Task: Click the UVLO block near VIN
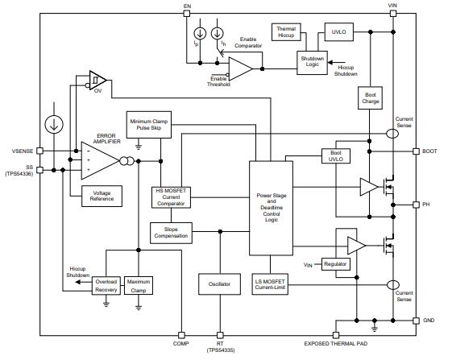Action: (337, 32)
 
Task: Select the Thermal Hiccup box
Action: (286, 32)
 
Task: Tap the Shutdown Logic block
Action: (312, 63)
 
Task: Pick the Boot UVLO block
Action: (336, 156)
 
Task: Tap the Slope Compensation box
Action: (170, 232)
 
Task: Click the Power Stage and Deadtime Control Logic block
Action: (272, 207)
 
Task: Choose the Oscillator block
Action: (218, 284)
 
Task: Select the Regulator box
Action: (335, 263)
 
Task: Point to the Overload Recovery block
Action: (106, 286)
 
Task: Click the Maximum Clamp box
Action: (138, 286)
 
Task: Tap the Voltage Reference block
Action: (102, 196)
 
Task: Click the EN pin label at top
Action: (187, 6)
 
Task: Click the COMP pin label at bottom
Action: (181, 345)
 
